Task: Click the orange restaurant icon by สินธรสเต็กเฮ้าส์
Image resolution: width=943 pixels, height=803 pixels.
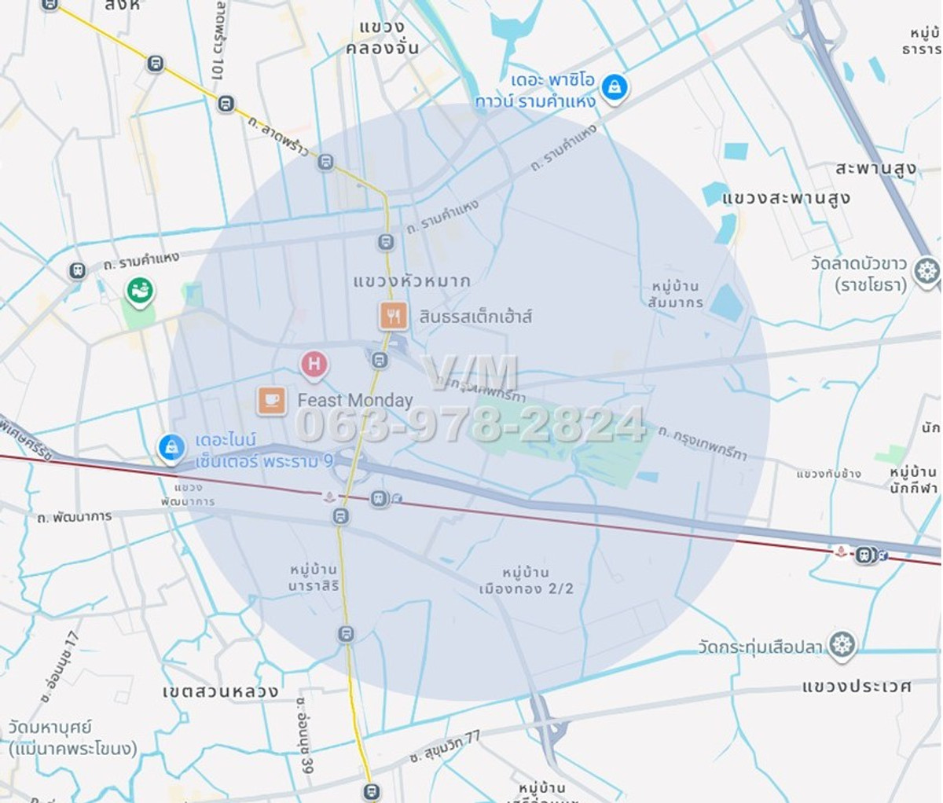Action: coord(393,316)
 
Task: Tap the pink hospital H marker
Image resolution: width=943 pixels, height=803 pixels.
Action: coord(314,364)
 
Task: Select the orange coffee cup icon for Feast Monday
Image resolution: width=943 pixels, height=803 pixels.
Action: coord(272,400)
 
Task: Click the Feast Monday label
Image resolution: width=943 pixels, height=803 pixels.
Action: coord(355,401)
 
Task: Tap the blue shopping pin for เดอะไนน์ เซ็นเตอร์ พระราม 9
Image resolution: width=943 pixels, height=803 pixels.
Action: coord(171,447)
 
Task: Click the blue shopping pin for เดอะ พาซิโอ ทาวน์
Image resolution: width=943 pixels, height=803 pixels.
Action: coord(615,87)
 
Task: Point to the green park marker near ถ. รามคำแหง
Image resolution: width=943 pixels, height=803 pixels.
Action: coord(140,291)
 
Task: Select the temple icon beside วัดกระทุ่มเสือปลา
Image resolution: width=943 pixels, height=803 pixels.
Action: coord(842,645)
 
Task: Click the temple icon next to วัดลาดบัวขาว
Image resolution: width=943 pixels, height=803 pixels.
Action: coord(927,271)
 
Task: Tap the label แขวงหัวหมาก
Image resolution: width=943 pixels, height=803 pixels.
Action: coord(412,280)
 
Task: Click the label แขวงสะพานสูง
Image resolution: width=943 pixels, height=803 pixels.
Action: coord(786,197)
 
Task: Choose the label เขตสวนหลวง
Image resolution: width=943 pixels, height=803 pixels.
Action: coord(220,691)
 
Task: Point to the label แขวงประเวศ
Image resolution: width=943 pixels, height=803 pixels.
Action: coord(857,686)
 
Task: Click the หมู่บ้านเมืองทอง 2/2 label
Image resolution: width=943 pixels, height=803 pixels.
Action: coord(527,581)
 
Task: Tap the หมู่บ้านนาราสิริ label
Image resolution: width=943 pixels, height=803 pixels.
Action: coord(314,577)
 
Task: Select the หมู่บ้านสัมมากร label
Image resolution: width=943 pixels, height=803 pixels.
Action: coord(676,295)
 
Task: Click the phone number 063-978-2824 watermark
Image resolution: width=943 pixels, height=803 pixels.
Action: coord(470,424)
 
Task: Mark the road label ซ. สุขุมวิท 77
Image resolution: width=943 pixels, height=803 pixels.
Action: coord(444,746)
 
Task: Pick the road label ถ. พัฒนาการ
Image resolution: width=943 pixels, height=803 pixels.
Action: coord(75,517)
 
